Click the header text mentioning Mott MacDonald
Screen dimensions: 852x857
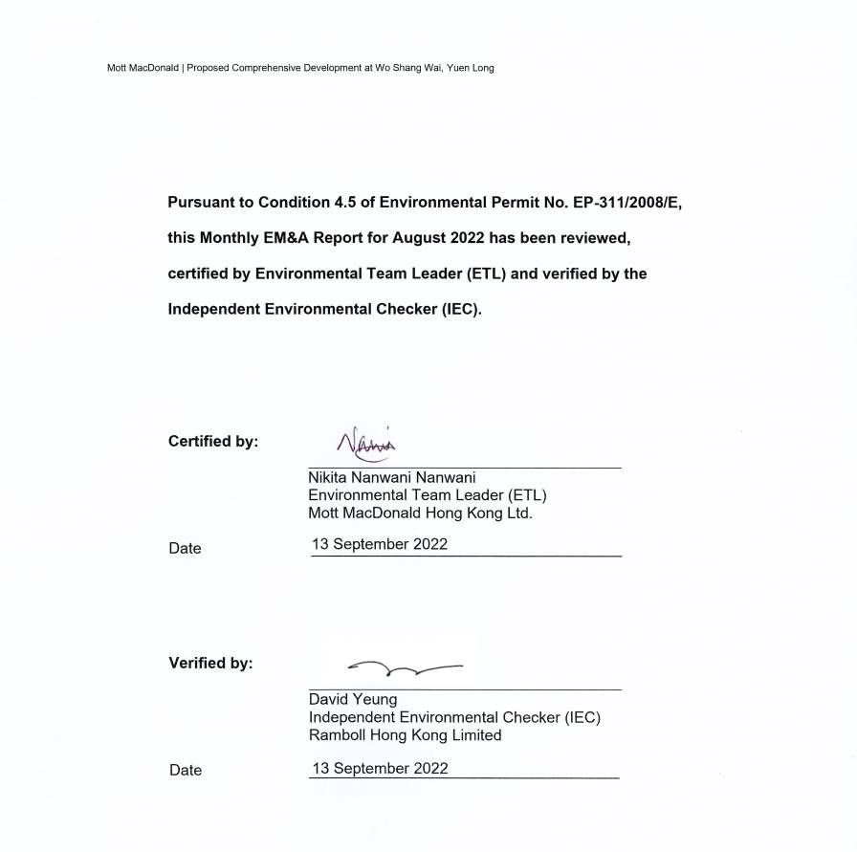[x=300, y=68]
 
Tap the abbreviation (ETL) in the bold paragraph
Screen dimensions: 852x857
[x=487, y=273]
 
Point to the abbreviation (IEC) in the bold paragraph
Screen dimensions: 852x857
[x=460, y=310]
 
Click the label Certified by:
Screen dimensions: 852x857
[x=212, y=441]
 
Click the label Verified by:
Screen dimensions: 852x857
[x=210, y=663]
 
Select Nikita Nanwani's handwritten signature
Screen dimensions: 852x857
[x=366, y=444]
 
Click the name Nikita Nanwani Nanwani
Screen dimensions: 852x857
[x=391, y=477]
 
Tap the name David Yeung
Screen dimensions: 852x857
[x=352, y=699]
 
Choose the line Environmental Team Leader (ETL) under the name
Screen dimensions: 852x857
[x=427, y=495]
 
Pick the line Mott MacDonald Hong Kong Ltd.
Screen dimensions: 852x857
[x=419, y=513]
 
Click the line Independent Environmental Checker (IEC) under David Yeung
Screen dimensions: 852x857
[x=453, y=717]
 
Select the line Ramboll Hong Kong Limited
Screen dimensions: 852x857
[x=405, y=735]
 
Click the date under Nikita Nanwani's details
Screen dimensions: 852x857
[x=379, y=545]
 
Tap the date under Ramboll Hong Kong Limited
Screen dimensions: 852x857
[x=379, y=768]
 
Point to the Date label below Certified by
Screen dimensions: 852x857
[x=185, y=548]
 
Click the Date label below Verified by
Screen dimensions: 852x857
[x=186, y=770]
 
